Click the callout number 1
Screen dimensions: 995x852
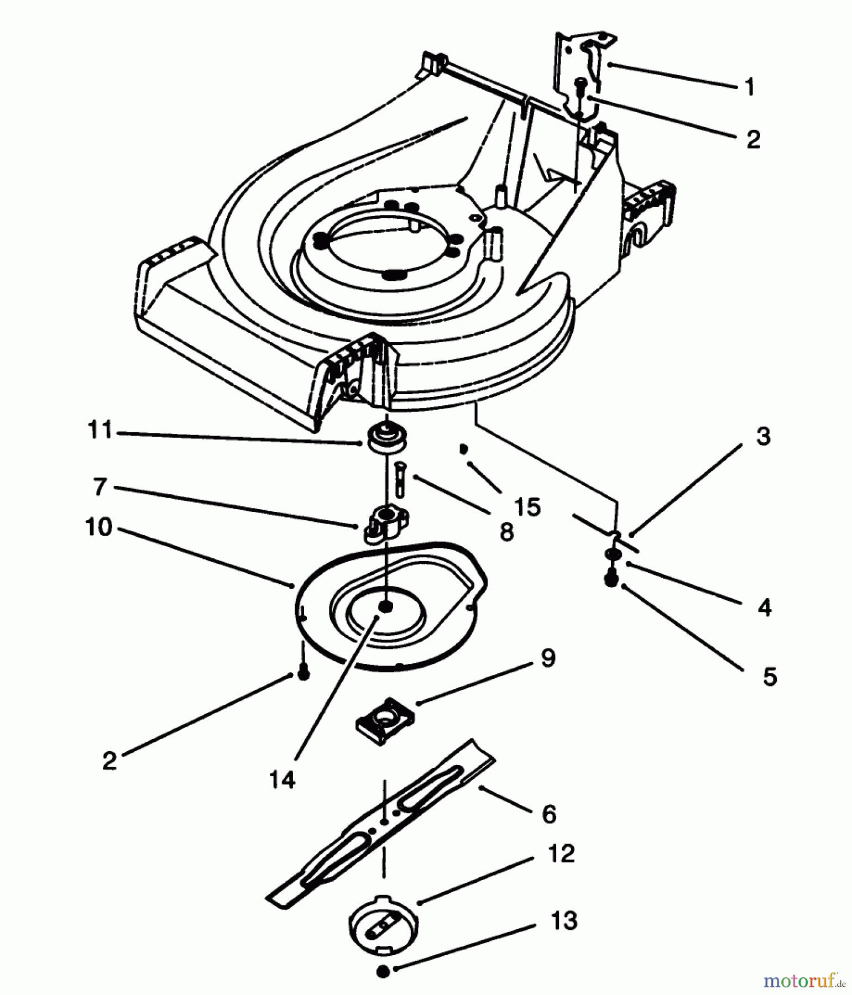749,87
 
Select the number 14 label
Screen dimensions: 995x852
282,779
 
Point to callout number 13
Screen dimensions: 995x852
564,921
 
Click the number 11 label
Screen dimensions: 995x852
100,430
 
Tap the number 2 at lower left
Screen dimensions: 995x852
109,761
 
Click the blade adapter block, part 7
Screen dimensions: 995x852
385,523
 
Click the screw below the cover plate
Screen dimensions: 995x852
303,673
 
